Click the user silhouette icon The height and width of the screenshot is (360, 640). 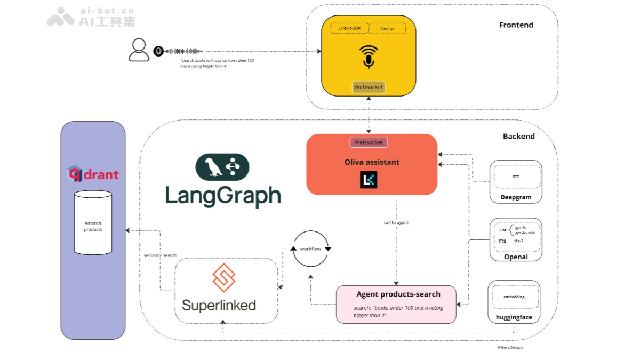point(139,50)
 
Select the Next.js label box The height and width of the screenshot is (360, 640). point(387,28)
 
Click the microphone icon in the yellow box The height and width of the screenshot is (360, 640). point(369,57)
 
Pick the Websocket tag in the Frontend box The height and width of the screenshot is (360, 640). point(369,87)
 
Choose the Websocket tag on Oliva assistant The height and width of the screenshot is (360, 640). point(369,142)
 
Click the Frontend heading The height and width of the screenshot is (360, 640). point(516,25)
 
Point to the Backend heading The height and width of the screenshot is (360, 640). point(518,137)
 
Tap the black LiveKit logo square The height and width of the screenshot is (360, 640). point(369,180)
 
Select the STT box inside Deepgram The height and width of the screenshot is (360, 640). point(516,177)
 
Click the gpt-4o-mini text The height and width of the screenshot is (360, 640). point(525,233)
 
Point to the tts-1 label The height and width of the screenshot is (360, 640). point(519,241)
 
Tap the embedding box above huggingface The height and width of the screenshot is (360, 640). point(514,297)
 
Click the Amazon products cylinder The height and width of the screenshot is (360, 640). point(93,222)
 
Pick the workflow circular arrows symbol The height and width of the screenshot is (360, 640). point(310,249)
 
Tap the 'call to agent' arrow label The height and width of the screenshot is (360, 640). point(396,222)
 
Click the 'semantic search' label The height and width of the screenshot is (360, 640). point(160,255)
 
